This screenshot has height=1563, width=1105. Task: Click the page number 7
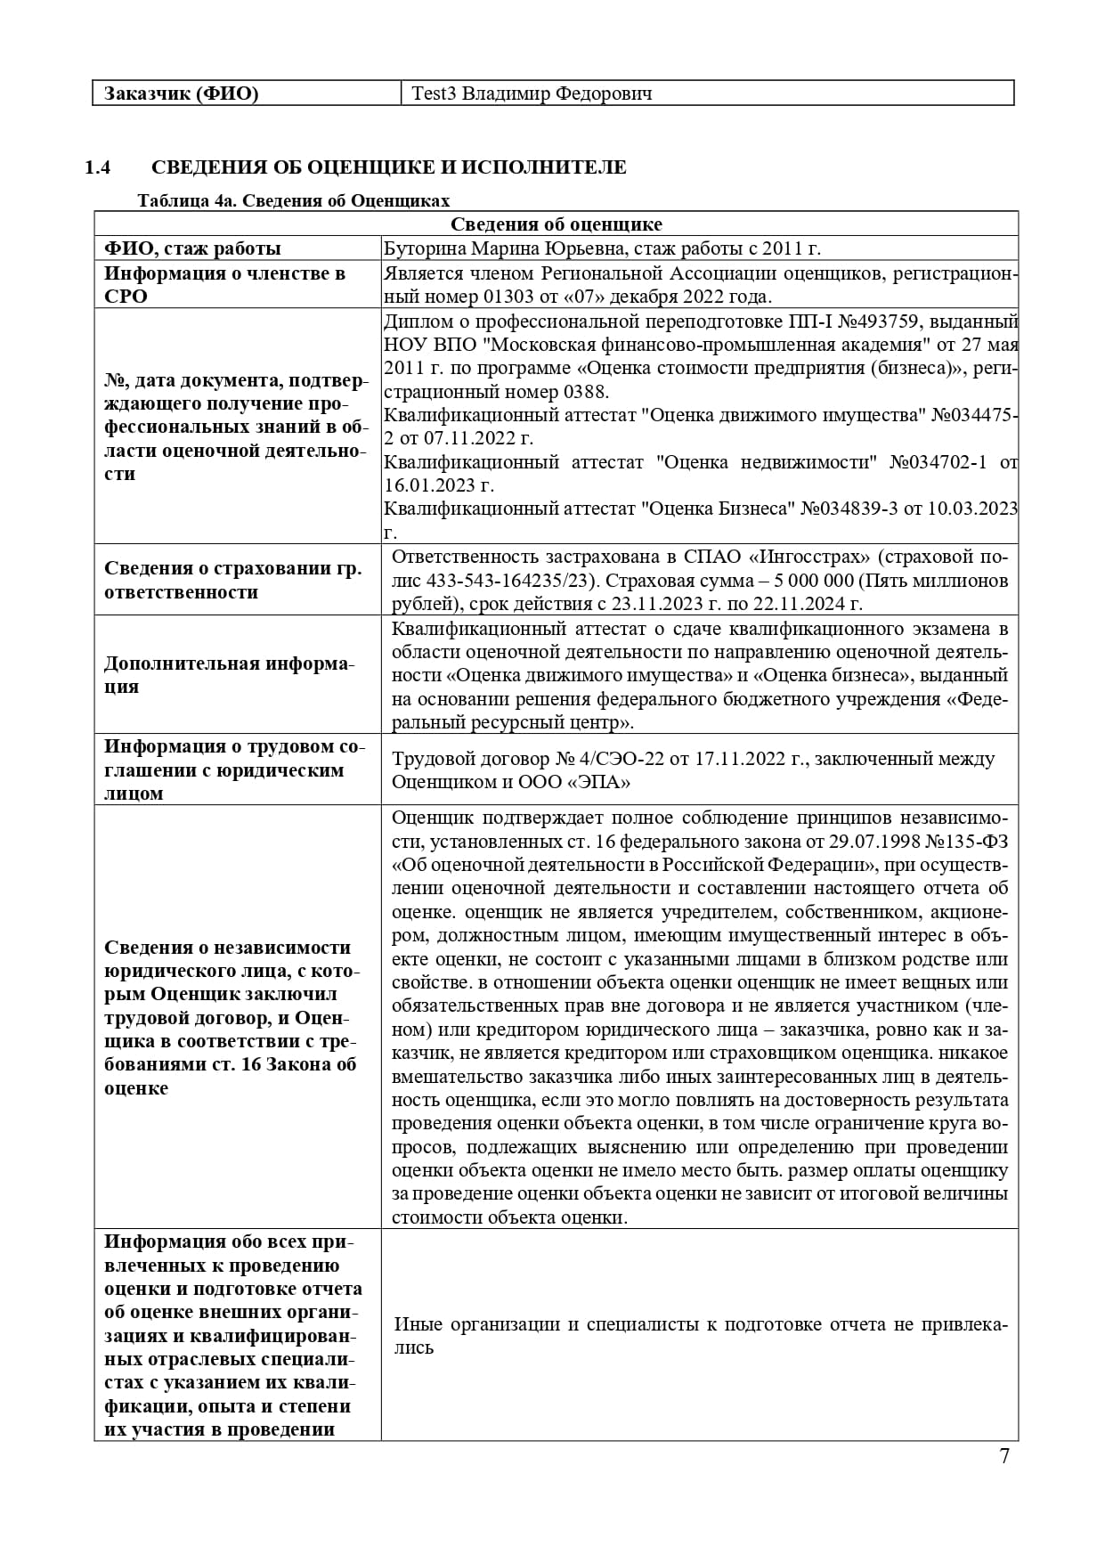[x=1004, y=1457]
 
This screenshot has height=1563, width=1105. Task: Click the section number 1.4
[x=97, y=167]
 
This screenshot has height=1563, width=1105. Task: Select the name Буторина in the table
[x=424, y=248]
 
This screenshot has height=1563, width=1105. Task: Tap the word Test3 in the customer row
[x=434, y=94]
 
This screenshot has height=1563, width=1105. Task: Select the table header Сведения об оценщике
[x=556, y=224]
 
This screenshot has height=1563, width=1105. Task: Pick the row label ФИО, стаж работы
[x=192, y=248]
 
